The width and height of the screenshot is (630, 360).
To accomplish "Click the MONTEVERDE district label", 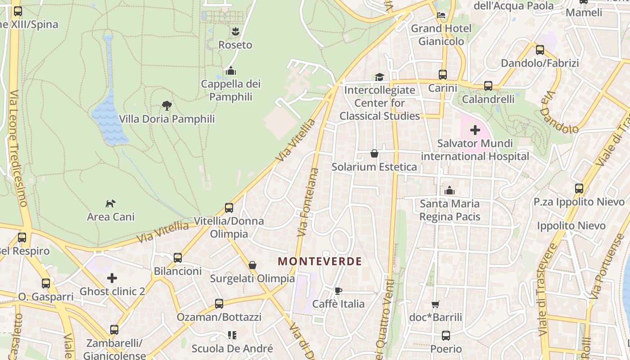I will tap(319, 261).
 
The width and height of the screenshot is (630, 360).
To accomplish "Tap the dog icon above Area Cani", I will tap(110, 204).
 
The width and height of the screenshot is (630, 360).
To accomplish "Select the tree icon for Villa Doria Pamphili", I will tap(167, 106).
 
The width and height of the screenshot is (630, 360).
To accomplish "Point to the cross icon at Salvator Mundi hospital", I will tap(475, 130).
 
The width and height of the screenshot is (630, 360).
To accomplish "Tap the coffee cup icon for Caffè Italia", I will tap(338, 291).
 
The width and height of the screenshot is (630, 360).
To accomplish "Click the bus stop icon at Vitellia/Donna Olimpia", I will tap(229, 208).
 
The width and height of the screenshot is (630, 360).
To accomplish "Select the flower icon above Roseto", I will tap(235, 31).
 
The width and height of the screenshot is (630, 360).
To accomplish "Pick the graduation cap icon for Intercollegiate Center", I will tap(379, 77).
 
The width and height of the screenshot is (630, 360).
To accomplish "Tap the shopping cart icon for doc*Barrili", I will tap(435, 304).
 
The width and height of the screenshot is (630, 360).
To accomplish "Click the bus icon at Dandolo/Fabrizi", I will tap(540, 50).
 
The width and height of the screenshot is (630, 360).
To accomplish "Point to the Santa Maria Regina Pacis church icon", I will tap(449, 190).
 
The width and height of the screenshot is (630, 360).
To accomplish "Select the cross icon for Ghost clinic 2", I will tap(112, 278).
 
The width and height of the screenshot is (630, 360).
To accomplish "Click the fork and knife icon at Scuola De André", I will tap(232, 335).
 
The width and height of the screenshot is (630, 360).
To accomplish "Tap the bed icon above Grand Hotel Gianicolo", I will tap(441, 15).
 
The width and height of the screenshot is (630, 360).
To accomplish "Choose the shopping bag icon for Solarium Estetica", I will tap(374, 154).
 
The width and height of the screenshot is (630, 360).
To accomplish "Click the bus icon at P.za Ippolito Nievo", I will tap(579, 189).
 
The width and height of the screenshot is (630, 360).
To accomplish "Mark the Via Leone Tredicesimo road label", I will tap(17, 148).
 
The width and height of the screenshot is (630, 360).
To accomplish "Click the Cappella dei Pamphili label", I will tap(231, 90).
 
